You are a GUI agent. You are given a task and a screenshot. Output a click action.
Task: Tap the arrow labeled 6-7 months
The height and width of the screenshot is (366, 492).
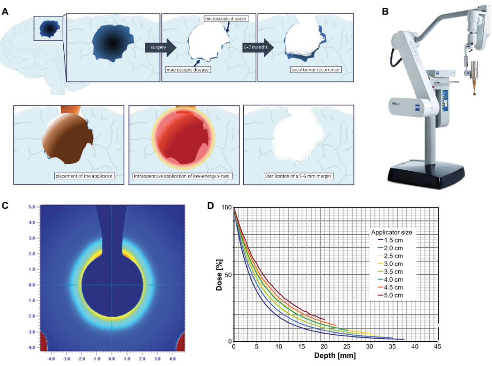coord(257,47)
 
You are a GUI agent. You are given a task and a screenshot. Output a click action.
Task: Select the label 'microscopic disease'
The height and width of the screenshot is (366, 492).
coord(226,19)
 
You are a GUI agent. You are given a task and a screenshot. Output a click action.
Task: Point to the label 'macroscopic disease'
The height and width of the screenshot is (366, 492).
coord(188,70)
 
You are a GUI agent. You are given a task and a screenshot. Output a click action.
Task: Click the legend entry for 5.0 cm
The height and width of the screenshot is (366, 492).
coord(394,295)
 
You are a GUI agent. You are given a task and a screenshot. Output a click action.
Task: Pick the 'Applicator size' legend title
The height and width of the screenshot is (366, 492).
coord(392,233)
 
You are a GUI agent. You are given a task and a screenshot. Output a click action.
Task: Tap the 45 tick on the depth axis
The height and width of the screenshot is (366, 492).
coord(437,347)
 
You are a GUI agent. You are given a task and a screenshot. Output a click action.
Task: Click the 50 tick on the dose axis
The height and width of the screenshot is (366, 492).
coord(227,274)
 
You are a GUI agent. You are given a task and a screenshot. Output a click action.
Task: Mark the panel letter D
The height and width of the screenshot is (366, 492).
coord(211,205)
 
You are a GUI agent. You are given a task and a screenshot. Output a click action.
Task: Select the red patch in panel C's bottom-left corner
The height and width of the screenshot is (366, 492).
coord(43,341)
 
